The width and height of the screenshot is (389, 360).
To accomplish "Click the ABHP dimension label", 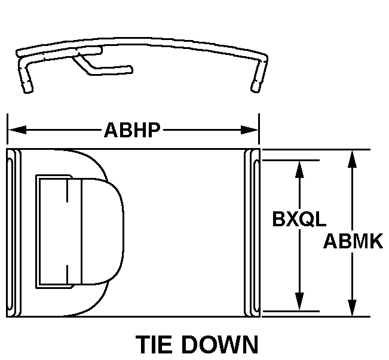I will coord(133,130).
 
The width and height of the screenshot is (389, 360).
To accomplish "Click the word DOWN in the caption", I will coord(222,346).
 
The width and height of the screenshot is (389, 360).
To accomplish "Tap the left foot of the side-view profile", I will coord(27,88).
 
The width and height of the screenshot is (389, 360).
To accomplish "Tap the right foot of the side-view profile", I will coord(255,87).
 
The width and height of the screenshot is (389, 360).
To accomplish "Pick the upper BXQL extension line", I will coord(290,160).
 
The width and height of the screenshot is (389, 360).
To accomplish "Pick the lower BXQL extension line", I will coord(290,311).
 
